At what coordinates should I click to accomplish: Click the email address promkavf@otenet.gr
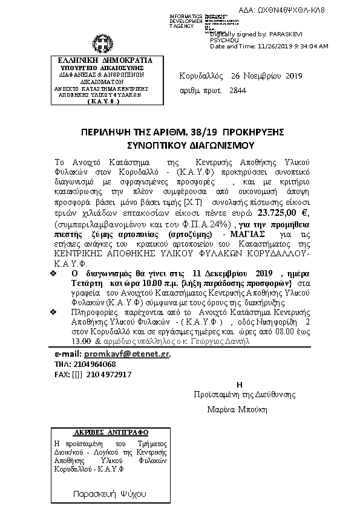[x=126, y=354]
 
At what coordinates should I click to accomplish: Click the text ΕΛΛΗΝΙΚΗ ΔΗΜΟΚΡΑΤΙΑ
[x=100, y=60]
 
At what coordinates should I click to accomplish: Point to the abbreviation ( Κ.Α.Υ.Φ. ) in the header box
[x=100, y=102]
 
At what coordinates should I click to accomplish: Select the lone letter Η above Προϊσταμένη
[x=240, y=384]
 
